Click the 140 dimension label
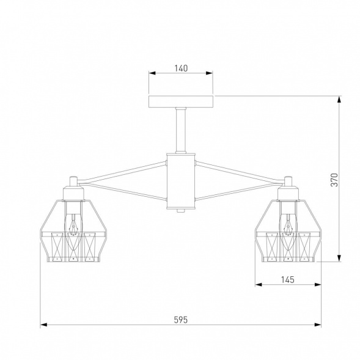pyautogui.click(x=181, y=68)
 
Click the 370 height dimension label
pyautogui.click(x=334, y=180)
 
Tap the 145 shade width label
pyautogui.click(x=288, y=280)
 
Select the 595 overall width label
pyautogui.click(x=181, y=320)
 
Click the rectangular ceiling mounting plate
pyautogui.click(x=181, y=101)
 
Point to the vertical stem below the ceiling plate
pyautogui.click(x=181, y=130)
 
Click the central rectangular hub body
pyautogui.click(x=181, y=182)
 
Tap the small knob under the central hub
pyautogui.click(x=181, y=211)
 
